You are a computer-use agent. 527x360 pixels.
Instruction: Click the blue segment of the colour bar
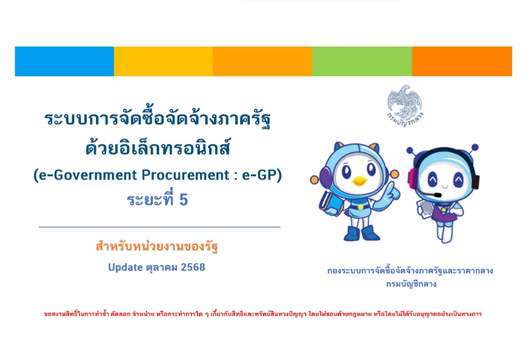point(64,61)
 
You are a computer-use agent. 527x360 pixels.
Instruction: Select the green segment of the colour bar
point(362,61)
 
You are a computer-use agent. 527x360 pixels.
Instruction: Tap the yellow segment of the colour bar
point(163,61)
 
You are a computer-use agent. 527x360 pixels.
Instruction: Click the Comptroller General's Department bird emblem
point(404,105)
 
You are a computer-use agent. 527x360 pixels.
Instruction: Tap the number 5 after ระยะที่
point(183,200)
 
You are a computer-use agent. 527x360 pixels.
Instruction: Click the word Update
point(125,268)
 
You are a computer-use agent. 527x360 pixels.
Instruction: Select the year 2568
point(193,267)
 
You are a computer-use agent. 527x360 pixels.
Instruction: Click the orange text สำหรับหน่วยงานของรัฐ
point(157,246)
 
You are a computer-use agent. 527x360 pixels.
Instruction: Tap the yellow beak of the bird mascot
point(359,181)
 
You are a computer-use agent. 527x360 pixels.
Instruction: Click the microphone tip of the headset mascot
point(437,195)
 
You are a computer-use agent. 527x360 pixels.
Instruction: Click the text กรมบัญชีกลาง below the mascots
point(411,284)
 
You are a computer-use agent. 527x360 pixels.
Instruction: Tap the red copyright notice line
point(263,314)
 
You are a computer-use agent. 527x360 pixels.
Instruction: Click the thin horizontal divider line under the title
point(159,227)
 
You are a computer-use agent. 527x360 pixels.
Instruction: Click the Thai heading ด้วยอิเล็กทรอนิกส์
point(158,147)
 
